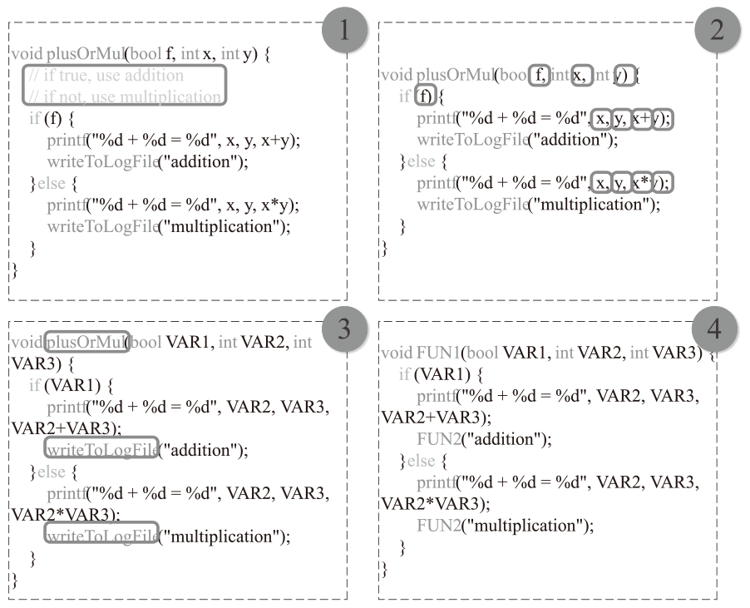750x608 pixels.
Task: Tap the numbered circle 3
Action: pos(343,330)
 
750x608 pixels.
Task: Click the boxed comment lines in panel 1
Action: pos(124,86)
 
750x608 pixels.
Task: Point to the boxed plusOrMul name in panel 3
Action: pos(86,342)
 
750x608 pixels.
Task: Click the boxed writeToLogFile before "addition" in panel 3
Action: pos(101,450)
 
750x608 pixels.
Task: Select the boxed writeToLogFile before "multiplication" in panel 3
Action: pos(101,536)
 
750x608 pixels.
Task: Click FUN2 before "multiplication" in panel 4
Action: pos(437,526)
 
